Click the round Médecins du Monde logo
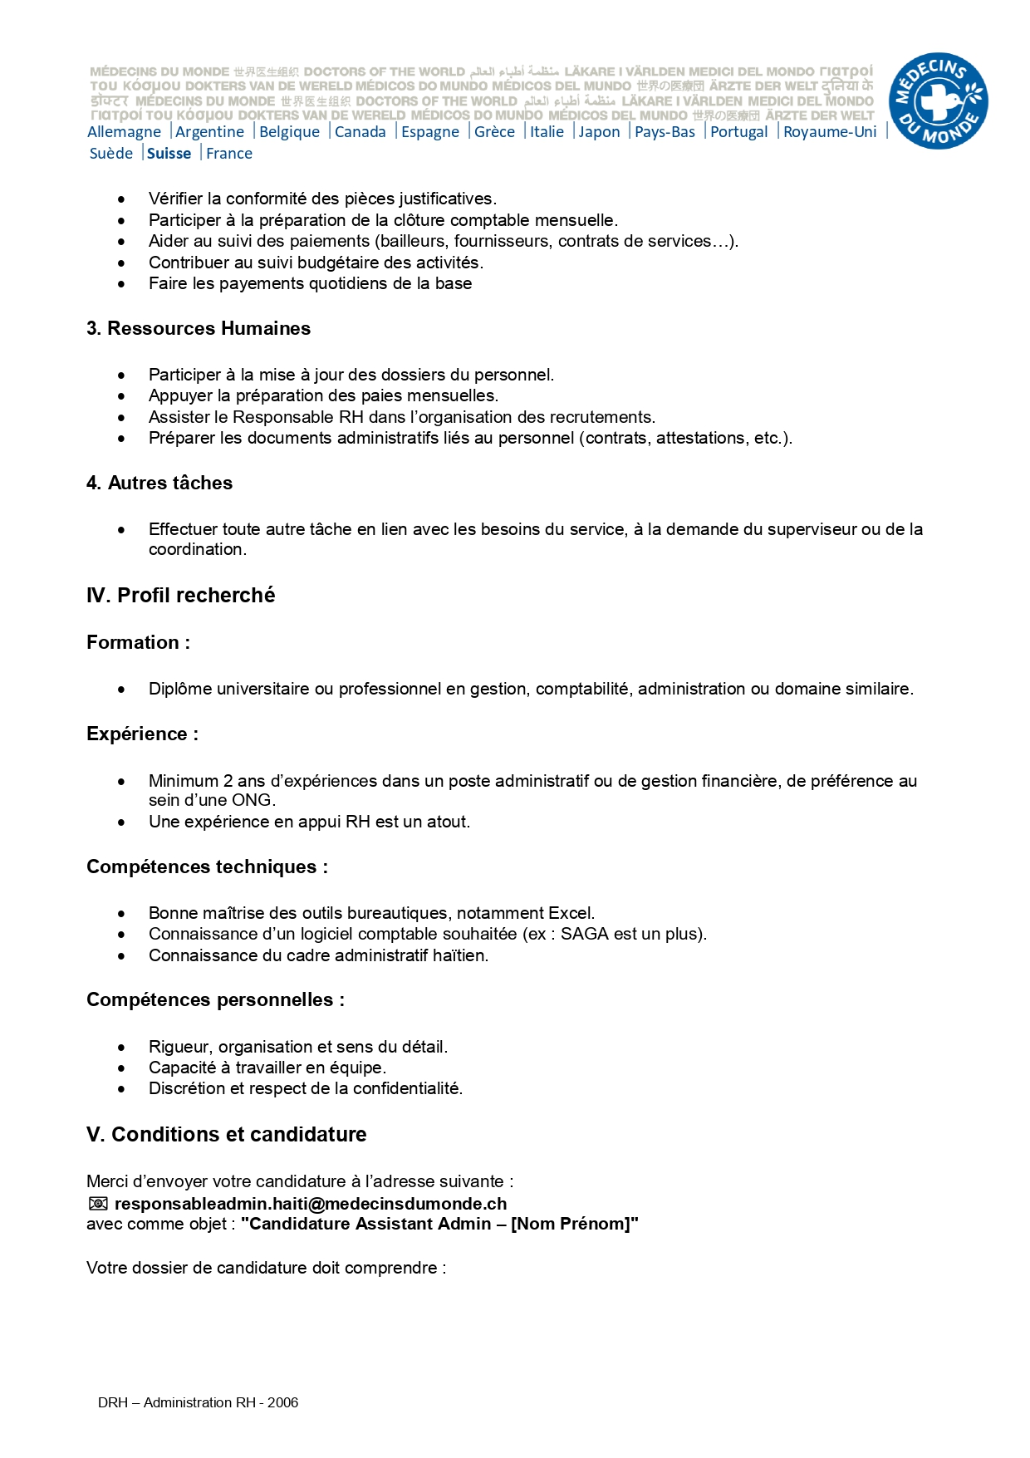[938, 101]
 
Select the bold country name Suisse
[169, 154]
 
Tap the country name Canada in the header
[360, 132]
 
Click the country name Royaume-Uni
[829, 132]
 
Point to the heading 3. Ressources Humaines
[199, 329]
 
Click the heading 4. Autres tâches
[159, 484]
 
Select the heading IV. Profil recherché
[181, 596]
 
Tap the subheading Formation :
[138, 643]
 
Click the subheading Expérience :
[142, 734]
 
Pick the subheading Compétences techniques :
[207, 867]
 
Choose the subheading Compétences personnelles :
[215, 1000]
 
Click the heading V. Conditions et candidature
[227, 1135]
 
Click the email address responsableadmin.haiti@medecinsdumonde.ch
[311, 1204]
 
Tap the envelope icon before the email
[98, 1204]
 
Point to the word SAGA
[585, 934]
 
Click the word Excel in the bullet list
[571, 913]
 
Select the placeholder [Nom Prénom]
[571, 1224]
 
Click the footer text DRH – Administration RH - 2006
[198, 1402]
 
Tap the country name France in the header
[229, 154]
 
